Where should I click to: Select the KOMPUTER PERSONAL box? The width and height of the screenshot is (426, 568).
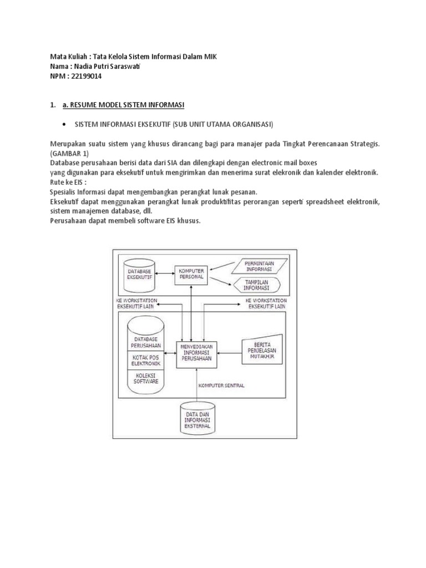tap(190, 273)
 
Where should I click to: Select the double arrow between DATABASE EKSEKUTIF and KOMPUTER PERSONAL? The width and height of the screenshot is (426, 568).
tap(165, 273)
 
